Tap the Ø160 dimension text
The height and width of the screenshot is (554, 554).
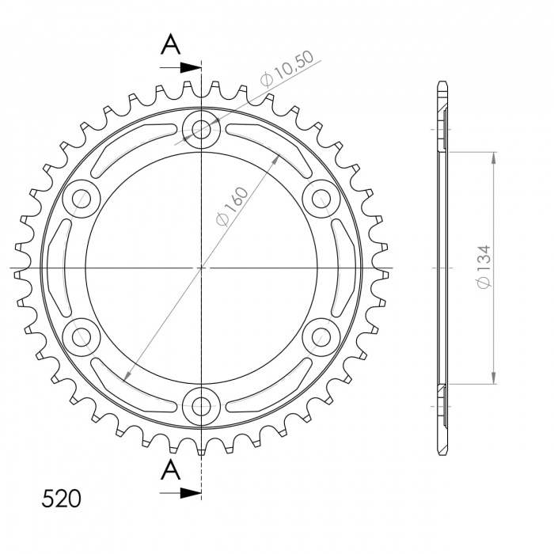tap(232, 207)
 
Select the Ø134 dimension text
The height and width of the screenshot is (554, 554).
tap(484, 267)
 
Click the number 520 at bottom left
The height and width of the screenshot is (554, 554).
tap(61, 499)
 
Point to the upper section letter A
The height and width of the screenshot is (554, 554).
tap(171, 44)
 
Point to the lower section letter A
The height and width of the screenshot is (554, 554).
tap(171, 469)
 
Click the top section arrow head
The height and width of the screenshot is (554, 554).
tap(191, 67)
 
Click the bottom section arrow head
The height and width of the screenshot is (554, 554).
tap(191, 493)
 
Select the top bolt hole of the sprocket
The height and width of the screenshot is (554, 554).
tap(201, 129)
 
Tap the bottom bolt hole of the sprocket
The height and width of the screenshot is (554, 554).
tap(201, 406)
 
